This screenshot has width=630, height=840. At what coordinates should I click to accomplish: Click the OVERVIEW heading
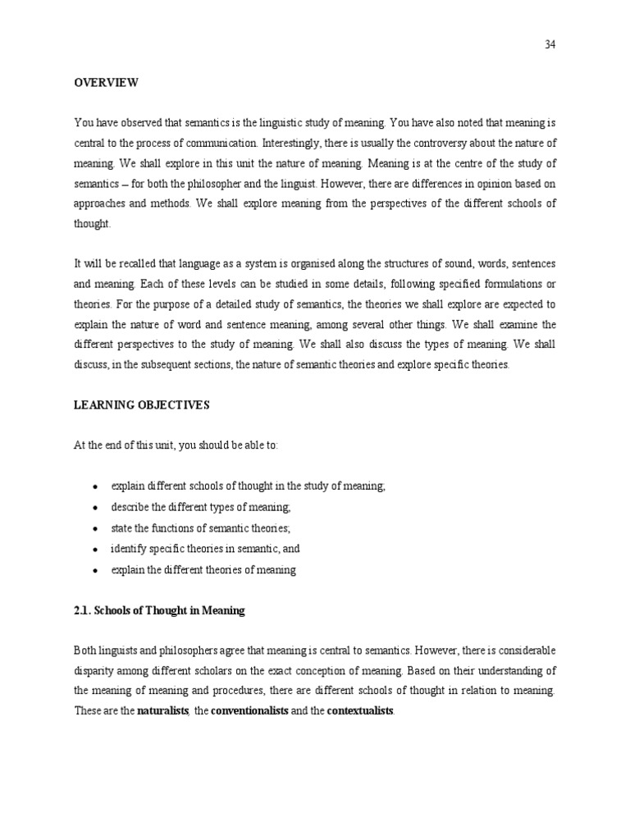[x=107, y=83]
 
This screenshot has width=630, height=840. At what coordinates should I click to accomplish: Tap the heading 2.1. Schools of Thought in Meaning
[x=160, y=611]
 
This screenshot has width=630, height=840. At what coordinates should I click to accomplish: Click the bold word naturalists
[x=163, y=710]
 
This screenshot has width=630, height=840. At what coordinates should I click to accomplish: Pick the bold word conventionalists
[x=249, y=710]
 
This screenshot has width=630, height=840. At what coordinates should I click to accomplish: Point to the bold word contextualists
[x=360, y=710]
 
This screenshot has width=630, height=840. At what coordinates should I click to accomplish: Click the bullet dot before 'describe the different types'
[x=95, y=508]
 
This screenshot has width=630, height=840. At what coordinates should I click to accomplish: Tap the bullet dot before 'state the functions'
[x=95, y=529]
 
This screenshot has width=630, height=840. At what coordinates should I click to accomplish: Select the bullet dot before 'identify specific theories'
[x=95, y=550]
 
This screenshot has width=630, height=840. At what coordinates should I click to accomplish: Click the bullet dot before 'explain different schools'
[x=95, y=487]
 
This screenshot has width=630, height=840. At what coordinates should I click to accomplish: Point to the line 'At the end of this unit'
[x=176, y=445]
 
